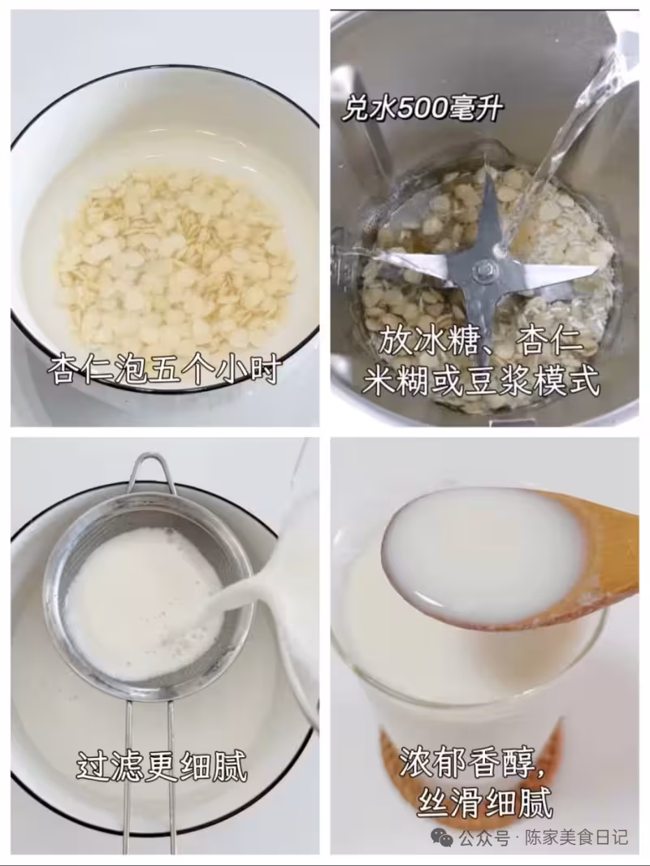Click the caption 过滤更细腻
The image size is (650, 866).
[x=161, y=765]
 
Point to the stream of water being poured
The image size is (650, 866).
[x=569, y=138]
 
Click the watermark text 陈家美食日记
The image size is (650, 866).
[x=576, y=837]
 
